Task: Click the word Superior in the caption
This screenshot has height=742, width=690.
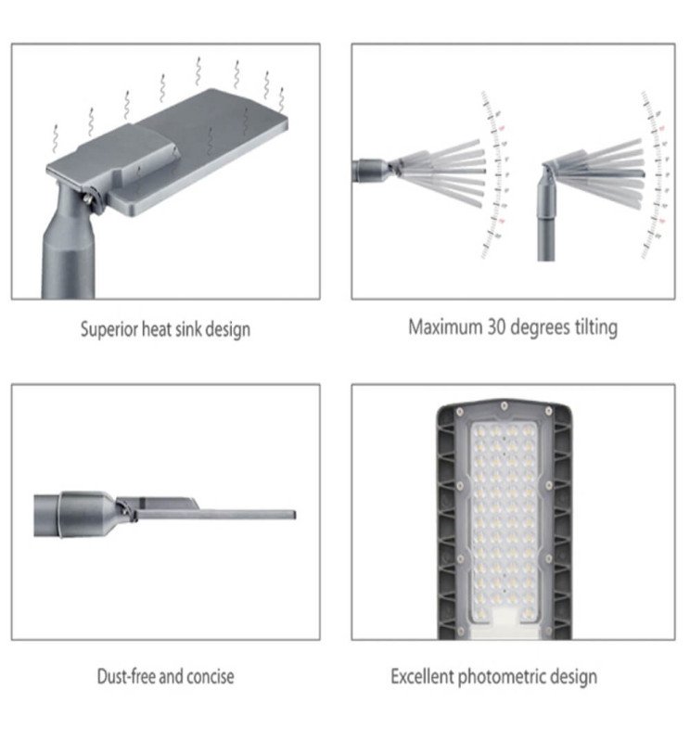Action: [x=109, y=329]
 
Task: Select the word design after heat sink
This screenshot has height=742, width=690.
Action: [x=227, y=329]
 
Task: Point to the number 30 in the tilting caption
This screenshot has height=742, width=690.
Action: [x=496, y=326]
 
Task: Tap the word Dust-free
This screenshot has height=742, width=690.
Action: [x=126, y=676]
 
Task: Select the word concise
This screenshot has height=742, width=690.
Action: [x=210, y=676]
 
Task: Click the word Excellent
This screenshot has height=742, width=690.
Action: [x=422, y=676]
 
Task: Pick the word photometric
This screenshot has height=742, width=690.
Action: [x=505, y=676]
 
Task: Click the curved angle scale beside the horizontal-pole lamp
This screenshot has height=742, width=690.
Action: [x=495, y=176]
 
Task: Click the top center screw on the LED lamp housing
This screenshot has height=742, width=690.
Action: [x=500, y=405]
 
